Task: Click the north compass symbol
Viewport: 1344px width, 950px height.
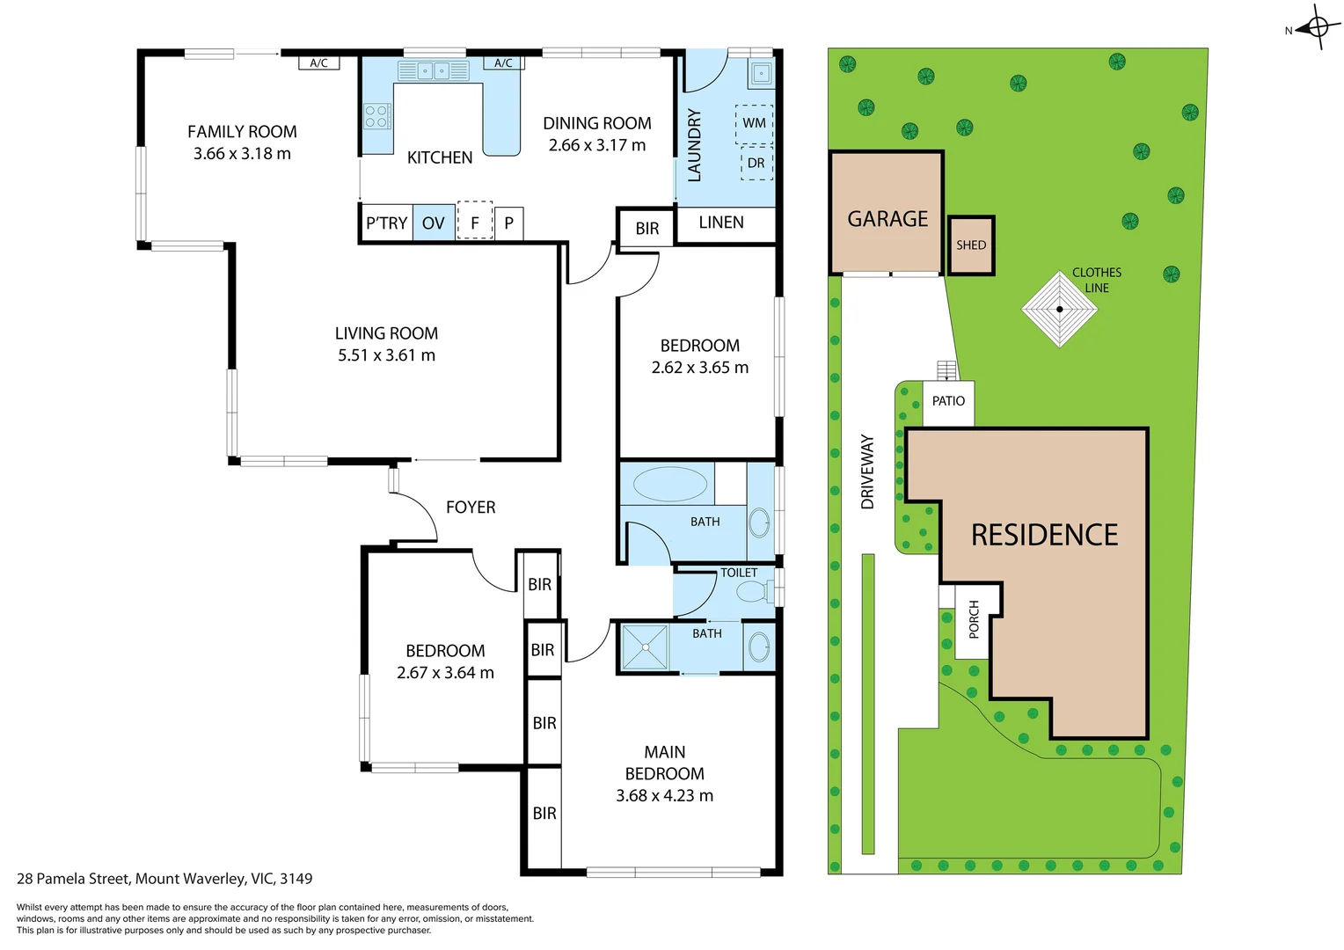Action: point(1317,27)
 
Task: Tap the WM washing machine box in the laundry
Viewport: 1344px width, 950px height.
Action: point(754,124)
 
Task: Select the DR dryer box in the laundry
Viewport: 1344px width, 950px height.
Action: point(756,164)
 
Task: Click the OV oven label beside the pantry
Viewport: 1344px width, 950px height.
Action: point(434,223)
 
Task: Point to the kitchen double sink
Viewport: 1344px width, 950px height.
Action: point(434,71)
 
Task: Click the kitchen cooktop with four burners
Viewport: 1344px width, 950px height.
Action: point(376,116)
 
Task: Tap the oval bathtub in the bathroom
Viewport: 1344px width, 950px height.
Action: point(670,484)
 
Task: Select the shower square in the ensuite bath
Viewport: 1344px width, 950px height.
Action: point(645,647)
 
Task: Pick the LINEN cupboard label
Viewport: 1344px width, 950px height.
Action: point(721,223)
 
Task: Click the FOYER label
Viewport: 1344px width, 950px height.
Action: point(471,508)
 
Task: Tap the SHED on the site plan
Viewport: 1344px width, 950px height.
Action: point(971,245)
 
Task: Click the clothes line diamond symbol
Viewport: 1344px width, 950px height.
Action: point(1060,310)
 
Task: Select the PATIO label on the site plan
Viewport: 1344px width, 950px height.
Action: point(948,401)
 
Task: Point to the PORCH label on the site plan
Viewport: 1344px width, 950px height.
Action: point(974,619)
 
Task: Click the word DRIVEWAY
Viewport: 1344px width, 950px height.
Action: point(867,471)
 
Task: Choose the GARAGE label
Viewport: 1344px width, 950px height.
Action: point(887,219)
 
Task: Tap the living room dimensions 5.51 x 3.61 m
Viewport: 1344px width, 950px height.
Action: point(386,355)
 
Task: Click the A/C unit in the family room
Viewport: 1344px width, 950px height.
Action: point(319,63)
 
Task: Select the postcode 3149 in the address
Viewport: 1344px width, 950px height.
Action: point(296,879)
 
